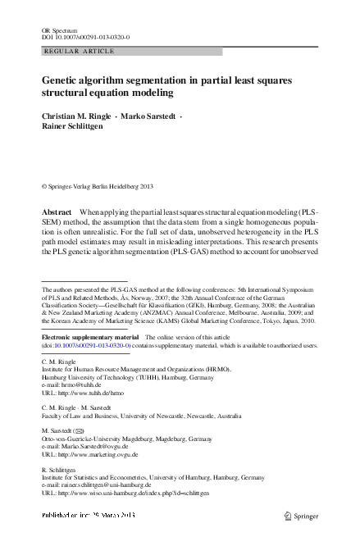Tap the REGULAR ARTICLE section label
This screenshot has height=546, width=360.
pos(69,52)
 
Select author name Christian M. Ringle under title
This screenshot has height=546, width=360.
pos(75,117)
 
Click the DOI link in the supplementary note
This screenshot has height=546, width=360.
pos(90,346)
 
